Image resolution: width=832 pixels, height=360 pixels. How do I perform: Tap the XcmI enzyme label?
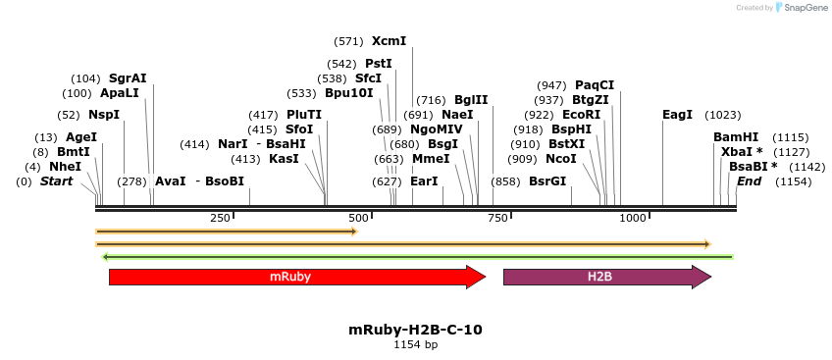click(389, 41)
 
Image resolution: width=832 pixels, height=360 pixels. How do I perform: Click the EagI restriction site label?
click(677, 115)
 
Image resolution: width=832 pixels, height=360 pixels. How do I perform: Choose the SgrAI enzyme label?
click(128, 78)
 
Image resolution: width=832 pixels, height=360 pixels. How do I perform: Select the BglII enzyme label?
click(471, 100)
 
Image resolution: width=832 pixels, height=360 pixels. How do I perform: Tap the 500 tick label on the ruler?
click(358, 218)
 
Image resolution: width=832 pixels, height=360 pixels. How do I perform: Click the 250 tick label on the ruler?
click(220, 218)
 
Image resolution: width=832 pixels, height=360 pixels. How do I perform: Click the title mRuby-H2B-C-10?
click(415, 331)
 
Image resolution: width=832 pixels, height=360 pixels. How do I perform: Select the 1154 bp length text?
click(415, 345)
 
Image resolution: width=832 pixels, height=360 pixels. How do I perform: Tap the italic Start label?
click(56, 181)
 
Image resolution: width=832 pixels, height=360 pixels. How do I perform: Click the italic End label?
click(749, 181)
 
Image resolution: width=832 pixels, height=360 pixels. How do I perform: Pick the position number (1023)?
click(723, 115)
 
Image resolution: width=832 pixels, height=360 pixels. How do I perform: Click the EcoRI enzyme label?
click(581, 115)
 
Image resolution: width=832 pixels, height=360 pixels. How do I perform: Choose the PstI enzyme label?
click(379, 64)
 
